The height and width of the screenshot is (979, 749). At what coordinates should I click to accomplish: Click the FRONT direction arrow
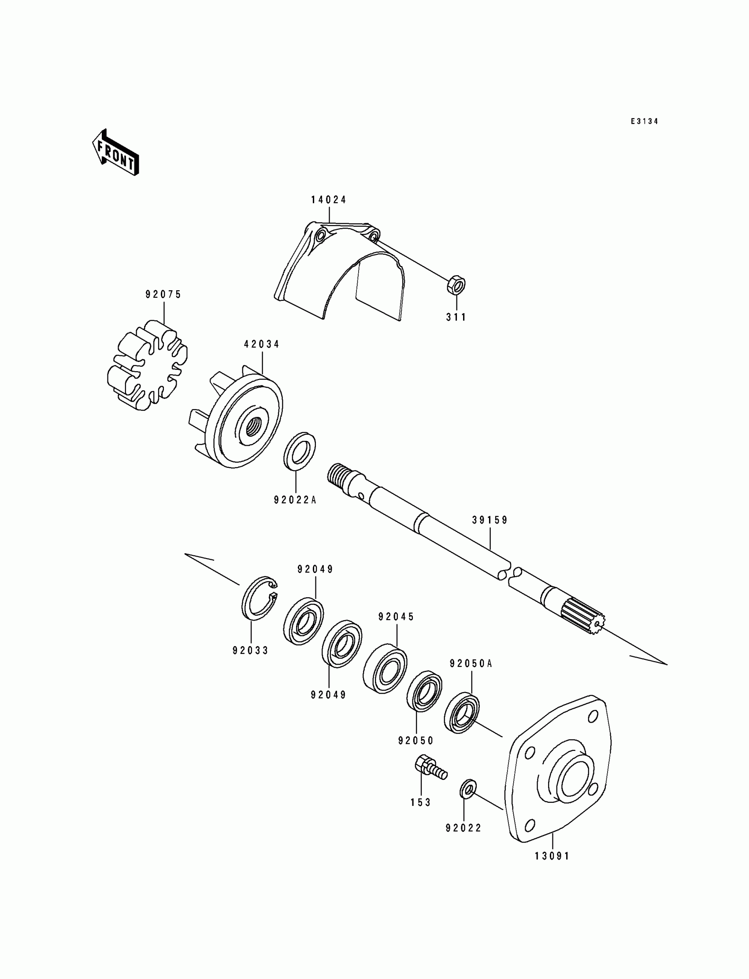(x=115, y=152)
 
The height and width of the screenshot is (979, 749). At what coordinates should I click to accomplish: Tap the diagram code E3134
(x=644, y=121)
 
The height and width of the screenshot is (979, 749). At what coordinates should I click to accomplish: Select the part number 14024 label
(x=329, y=200)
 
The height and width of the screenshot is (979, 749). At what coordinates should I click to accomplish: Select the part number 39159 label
(x=490, y=520)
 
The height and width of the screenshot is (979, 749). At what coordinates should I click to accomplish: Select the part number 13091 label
(x=552, y=856)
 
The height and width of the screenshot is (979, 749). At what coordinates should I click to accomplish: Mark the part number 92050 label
(x=416, y=741)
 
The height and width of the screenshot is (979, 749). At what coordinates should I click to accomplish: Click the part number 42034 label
(x=262, y=344)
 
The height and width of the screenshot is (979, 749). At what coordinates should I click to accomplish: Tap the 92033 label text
(x=251, y=651)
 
